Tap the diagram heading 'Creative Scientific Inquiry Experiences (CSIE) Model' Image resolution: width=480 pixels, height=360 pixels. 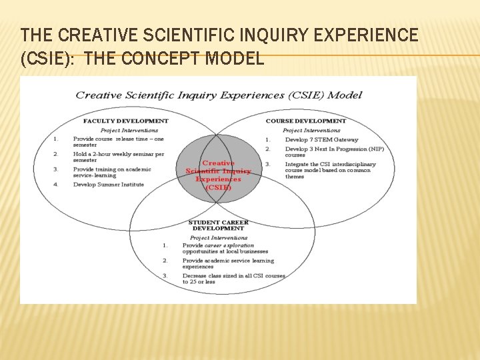pos(219,95)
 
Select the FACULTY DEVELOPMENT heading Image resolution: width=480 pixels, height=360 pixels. pos(125,121)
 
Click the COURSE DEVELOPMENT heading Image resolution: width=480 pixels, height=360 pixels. pos(305,121)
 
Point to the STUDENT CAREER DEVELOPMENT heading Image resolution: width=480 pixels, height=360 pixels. pos(218,225)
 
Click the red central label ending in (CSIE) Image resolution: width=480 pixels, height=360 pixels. pos(218,175)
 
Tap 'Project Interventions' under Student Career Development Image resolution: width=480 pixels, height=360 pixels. pos(219,237)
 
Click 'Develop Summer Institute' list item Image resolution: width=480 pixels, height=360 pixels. pos(108,184)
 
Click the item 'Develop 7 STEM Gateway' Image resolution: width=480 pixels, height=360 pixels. pos(321,139)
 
